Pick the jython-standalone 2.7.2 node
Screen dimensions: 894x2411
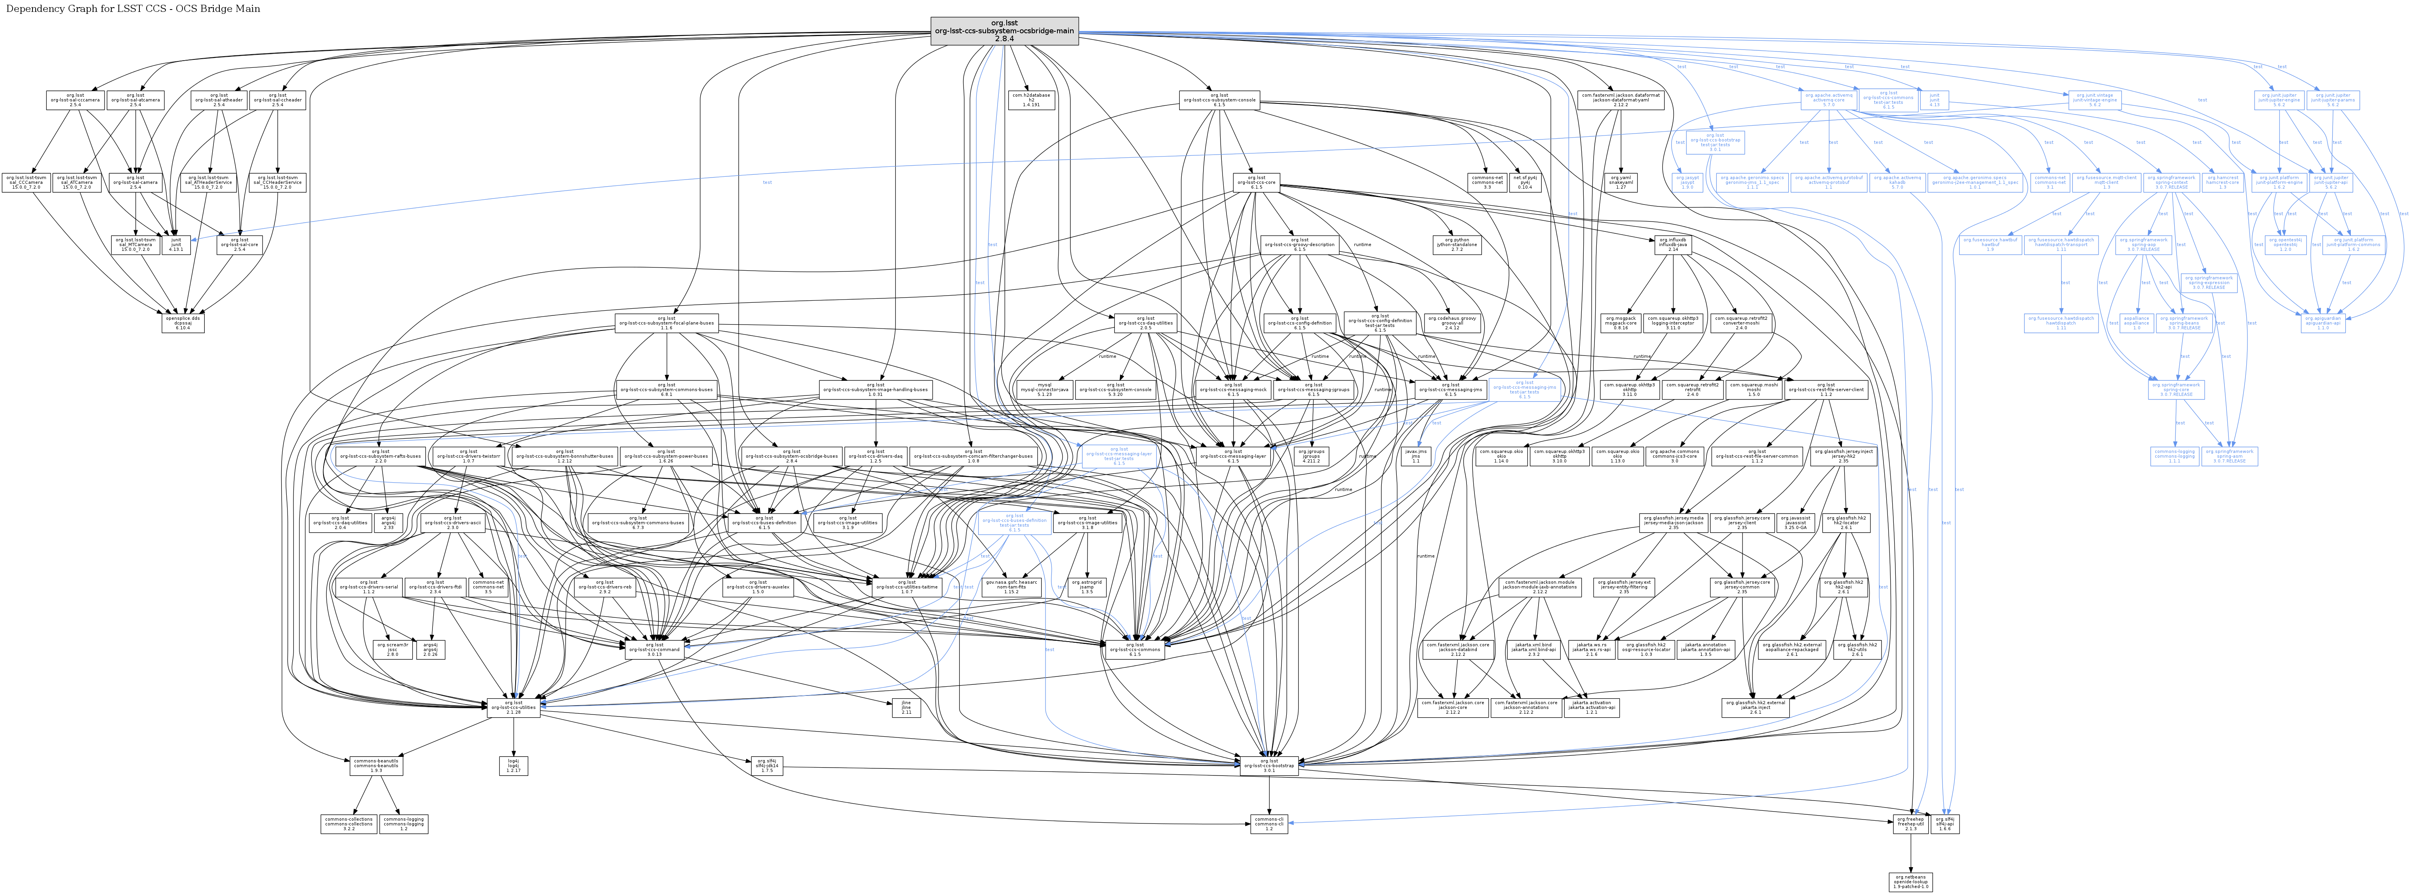coord(1457,245)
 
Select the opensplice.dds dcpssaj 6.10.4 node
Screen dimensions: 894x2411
coord(183,323)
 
